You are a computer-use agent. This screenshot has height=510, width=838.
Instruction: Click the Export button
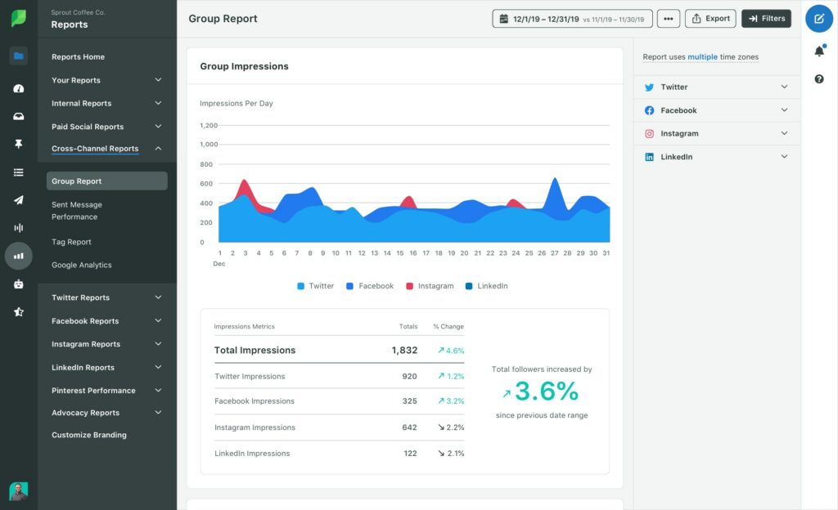tap(710, 18)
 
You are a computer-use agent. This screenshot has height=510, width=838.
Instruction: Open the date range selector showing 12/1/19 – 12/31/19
tap(572, 18)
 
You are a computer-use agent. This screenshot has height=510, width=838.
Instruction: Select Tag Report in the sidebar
tap(71, 242)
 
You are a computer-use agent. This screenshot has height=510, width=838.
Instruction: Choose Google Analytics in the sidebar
tap(82, 265)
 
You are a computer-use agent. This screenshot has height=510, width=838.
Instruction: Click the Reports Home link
tap(78, 57)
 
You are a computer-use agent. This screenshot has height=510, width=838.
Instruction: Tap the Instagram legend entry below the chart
tap(430, 286)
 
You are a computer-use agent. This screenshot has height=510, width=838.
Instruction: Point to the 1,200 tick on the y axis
tap(209, 125)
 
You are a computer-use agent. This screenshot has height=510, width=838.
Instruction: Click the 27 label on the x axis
tap(554, 253)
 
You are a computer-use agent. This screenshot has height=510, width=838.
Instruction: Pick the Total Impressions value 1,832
tap(404, 350)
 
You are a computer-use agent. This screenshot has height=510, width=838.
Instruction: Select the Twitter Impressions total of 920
tap(409, 377)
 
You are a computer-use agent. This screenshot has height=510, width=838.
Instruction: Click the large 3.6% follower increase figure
tap(546, 391)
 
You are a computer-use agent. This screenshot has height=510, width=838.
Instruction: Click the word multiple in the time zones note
tap(702, 57)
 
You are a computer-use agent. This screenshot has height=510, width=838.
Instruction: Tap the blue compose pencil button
tap(819, 18)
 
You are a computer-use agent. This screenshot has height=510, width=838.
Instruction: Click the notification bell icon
tap(819, 51)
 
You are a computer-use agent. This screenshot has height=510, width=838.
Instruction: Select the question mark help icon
tap(819, 78)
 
